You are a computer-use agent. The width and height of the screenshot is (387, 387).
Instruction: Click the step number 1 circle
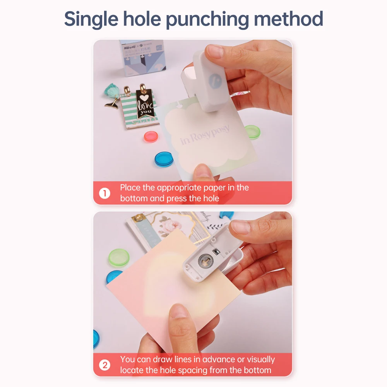[104, 193]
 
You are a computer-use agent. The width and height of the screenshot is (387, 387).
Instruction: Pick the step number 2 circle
[104, 365]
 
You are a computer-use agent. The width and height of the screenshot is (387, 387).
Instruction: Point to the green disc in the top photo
[252, 132]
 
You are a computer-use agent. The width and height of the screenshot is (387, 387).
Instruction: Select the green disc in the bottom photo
[118, 257]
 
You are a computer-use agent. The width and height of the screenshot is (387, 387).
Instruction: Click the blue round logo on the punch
[214, 79]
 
